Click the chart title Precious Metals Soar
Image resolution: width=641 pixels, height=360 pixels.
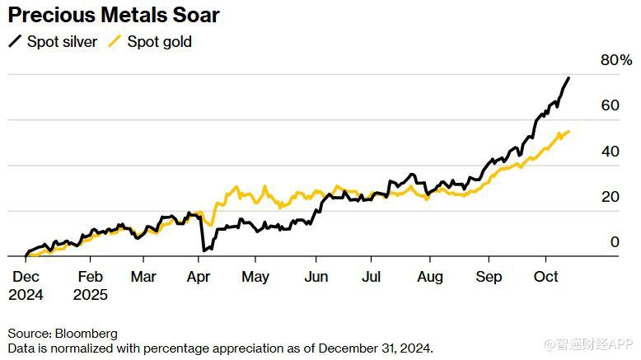pos(114,15)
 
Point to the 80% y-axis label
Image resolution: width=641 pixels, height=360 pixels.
pos(615,60)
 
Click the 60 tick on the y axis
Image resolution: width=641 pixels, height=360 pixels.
pos(610,105)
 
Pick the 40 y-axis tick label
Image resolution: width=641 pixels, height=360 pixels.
pos(610,152)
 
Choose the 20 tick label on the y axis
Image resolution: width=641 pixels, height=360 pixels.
pos(610,197)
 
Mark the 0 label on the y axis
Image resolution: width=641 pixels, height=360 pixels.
pos(614,242)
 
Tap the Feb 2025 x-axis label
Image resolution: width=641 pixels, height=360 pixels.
pos(90,285)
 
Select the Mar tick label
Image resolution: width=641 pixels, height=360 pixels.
pos(143,277)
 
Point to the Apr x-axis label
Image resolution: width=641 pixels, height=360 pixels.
pos(199,277)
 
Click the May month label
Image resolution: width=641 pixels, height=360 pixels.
pos(255,277)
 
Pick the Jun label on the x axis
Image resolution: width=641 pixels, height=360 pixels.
pos(316,277)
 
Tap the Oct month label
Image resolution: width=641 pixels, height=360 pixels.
pos(546,277)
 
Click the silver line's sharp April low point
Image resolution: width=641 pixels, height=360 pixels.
pos(203,250)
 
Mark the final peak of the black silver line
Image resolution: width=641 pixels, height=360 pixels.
pos(568,77)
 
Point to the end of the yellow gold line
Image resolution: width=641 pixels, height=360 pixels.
pos(568,131)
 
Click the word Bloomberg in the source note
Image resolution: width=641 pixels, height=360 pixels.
pos(87,334)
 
